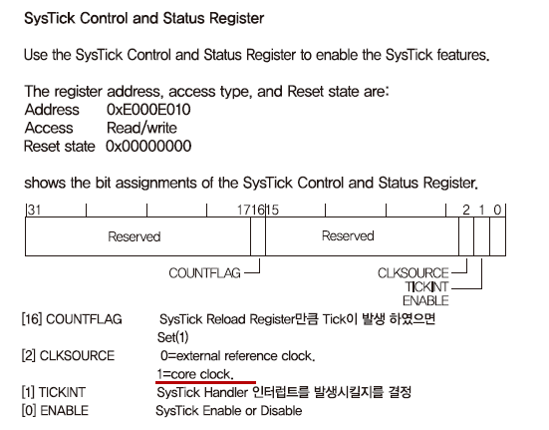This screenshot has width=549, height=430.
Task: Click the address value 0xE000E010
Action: click(x=148, y=110)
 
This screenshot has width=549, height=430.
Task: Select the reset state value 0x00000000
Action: click(x=148, y=146)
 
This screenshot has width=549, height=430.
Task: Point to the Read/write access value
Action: click(x=141, y=128)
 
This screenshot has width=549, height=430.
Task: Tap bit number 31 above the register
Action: click(x=34, y=210)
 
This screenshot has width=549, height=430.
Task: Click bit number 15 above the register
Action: click(x=272, y=210)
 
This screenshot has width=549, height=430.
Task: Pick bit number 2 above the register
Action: click(x=466, y=210)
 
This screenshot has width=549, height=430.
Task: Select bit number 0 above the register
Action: click(x=497, y=210)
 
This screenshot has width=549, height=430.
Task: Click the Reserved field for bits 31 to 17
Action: click(x=135, y=236)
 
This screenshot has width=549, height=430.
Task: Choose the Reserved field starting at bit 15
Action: click(x=348, y=235)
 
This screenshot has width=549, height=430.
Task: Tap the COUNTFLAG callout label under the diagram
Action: click(x=204, y=273)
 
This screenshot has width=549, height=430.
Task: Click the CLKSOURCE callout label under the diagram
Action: click(x=413, y=273)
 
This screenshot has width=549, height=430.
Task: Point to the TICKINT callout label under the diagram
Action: click(x=426, y=287)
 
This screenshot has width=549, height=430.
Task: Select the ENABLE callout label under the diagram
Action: click(x=425, y=300)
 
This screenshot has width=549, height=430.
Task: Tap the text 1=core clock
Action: click(x=195, y=374)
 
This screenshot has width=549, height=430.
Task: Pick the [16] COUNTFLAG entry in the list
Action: click(x=72, y=319)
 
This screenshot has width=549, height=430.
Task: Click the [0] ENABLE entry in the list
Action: click(x=55, y=411)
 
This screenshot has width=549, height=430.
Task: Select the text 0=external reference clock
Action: click(x=238, y=356)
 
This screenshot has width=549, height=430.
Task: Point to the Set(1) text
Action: click(x=173, y=337)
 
